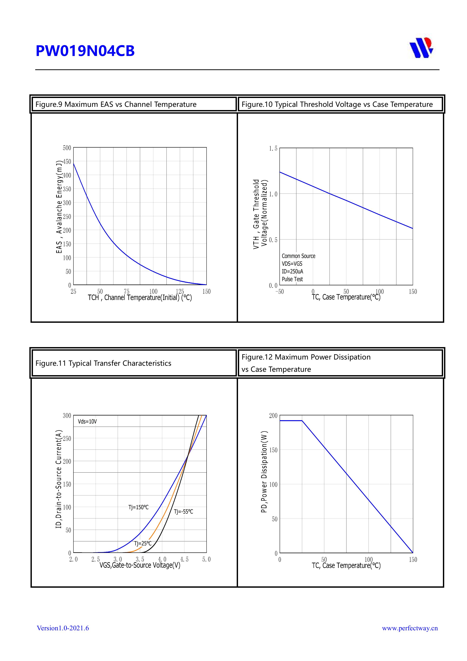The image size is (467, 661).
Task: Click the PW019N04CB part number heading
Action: click(x=85, y=51)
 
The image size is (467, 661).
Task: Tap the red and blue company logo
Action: click(x=421, y=48)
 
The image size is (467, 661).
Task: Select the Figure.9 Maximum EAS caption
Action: click(x=116, y=104)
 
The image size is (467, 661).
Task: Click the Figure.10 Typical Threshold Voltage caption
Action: click(x=337, y=104)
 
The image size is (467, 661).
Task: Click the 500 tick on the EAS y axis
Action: click(x=67, y=148)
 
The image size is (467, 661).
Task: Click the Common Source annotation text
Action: click(x=298, y=256)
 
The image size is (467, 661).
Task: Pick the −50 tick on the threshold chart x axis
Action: click(x=279, y=292)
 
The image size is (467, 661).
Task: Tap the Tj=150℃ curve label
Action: click(x=138, y=507)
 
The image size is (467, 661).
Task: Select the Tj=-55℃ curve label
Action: click(x=183, y=512)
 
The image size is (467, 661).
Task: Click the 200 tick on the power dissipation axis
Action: click(x=273, y=416)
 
